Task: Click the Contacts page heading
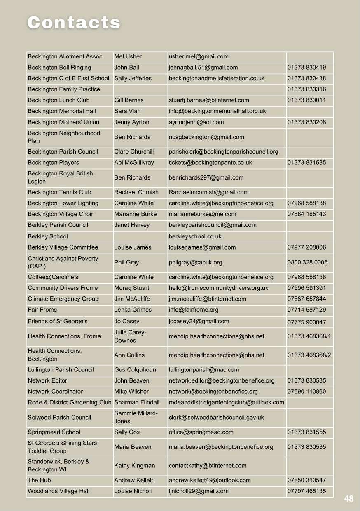coord(74,23)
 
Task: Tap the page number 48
coord(348,499)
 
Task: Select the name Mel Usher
coord(128,57)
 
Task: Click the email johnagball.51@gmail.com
coord(203,68)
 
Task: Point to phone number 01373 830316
coord(306,89)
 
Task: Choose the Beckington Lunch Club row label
coord(58,100)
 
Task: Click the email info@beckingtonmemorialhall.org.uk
coord(217,111)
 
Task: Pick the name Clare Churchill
coord(134,152)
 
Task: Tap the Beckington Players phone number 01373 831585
coord(306,163)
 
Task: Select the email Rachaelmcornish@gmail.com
coord(208,192)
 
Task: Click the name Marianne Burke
coord(135,214)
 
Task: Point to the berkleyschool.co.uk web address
coord(195,236)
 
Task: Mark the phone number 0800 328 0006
coord(307,262)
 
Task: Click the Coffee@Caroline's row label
coord(53,277)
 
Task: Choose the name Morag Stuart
coord(131,288)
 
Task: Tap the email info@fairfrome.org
coord(193,310)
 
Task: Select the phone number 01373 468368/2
coord(309,355)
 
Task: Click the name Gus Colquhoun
coord(135,370)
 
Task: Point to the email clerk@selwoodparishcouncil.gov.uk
coord(216,418)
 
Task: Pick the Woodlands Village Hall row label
coord(58,491)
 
